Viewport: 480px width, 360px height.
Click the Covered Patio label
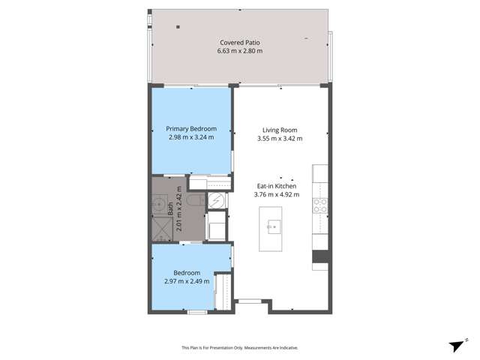[x=240, y=43]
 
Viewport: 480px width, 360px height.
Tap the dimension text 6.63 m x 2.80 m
[x=240, y=51]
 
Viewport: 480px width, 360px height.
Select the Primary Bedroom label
[x=191, y=129]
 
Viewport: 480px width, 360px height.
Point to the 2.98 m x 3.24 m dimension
[x=191, y=137]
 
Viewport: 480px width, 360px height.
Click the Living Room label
[x=280, y=130]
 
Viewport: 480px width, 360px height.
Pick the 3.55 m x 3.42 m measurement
[x=280, y=139]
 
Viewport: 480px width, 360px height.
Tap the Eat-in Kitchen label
[x=277, y=186]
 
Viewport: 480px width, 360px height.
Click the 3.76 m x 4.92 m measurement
[x=277, y=195]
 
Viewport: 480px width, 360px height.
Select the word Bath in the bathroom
[x=170, y=208]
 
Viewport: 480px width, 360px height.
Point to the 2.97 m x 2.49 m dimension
[x=187, y=281]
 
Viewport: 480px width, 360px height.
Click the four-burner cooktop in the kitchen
[x=320, y=205]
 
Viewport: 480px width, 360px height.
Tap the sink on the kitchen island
[x=274, y=226]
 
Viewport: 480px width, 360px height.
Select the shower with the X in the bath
[x=163, y=229]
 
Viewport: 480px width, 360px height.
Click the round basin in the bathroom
[x=159, y=203]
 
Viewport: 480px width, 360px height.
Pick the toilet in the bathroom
[x=196, y=200]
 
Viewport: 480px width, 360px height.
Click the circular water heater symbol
[x=217, y=201]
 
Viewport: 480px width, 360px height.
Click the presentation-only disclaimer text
[x=240, y=348]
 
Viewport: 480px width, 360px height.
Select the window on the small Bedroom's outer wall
[x=197, y=312]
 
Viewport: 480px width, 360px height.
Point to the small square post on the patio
[x=178, y=27]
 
